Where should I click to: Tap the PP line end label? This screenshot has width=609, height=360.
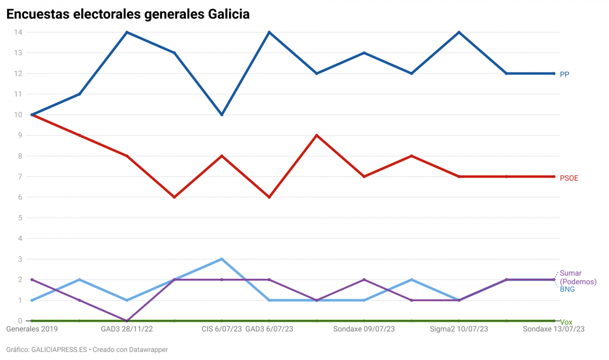pos(564,74)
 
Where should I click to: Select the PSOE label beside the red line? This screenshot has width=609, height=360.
pos(569,178)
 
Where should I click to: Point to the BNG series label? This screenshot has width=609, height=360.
pos(567,289)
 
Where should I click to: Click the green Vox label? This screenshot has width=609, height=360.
pos(566,322)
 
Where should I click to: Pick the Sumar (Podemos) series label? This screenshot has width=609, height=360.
pos(578,277)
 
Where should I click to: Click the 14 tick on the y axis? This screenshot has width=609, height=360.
pos(18,32)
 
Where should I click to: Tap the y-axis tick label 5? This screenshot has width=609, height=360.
pos(20,218)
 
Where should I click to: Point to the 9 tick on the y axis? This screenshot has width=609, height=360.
pos(20,136)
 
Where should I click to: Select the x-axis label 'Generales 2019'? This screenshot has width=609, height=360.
pos(32,329)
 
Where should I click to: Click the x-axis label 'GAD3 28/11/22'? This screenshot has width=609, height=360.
pos(126,329)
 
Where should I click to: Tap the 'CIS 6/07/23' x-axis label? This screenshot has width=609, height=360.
pos(221,329)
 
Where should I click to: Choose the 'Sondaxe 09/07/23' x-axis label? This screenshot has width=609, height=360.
pos(364,329)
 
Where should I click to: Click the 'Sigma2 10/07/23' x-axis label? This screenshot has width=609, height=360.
pos(459,329)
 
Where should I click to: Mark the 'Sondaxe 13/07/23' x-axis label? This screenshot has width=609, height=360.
pos(554,329)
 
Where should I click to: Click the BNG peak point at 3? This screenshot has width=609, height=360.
pos(221,259)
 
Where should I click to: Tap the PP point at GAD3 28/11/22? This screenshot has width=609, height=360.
pos(126,32)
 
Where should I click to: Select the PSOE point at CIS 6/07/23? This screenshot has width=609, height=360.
pos(221,156)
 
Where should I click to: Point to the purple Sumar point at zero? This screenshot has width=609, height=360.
pos(126,321)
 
